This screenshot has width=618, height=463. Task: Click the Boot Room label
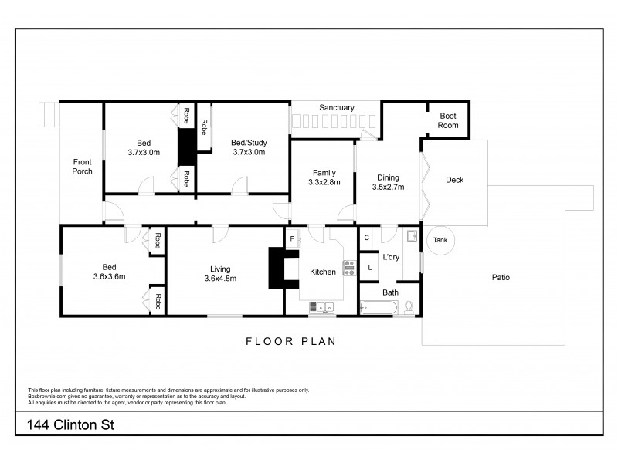click(448, 120)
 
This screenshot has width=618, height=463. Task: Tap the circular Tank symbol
click(440, 240)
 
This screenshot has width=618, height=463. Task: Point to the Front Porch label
click(83, 166)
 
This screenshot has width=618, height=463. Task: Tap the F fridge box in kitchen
click(292, 239)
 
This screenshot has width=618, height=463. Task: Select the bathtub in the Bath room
click(379, 308)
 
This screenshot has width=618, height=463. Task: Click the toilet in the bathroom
click(409, 307)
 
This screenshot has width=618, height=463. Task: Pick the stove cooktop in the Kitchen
click(348, 269)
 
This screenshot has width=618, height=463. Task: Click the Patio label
click(501, 278)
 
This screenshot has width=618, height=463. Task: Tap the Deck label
click(455, 181)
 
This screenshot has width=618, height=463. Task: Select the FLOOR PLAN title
click(290, 340)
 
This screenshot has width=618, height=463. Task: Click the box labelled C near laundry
click(367, 238)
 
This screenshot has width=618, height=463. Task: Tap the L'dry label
click(391, 257)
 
